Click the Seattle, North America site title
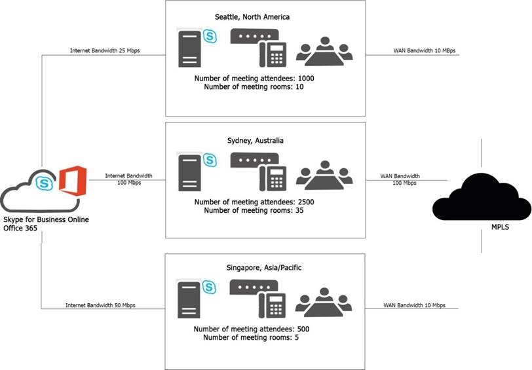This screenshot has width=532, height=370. click(x=252, y=17)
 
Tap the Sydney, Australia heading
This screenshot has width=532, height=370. click(x=255, y=140)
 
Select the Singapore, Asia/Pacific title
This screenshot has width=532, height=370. click(x=263, y=268)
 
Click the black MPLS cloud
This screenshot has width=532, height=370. click(x=482, y=197)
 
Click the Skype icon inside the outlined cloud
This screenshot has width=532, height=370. click(x=44, y=183)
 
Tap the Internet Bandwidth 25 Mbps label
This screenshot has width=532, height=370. click(x=105, y=50)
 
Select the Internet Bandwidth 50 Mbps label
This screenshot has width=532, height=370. click(x=100, y=305)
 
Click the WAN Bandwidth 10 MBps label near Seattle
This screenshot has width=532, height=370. click(x=424, y=50)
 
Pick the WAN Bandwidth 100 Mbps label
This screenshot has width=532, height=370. click(x=400, y=179)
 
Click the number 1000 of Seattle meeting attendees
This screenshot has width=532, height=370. click(x=306, y=79)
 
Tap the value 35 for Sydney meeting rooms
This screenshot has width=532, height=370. click(x=299, y=210)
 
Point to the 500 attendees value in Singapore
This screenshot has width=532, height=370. click(x=303, y=329)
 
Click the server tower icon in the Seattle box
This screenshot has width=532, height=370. click(x=189, y=49)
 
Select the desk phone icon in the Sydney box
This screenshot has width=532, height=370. click(x=273, y=178)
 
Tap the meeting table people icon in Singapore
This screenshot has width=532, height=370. click(x=324, y=303)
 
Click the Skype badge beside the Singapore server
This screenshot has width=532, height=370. click(x=210, y=287)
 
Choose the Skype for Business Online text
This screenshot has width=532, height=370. click(x=46, y=220)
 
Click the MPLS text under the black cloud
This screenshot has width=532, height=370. click(x=500, y=227)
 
